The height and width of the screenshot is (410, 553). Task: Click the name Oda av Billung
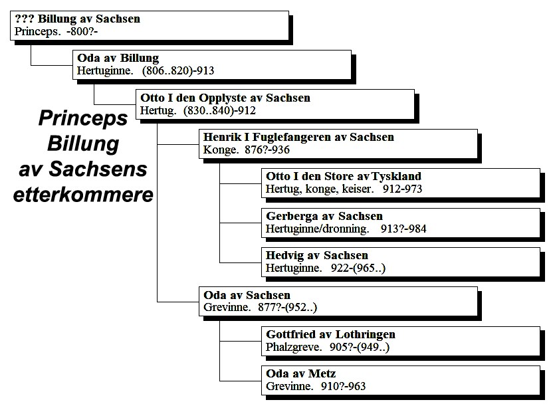pyautogui.click(x=118, y=58)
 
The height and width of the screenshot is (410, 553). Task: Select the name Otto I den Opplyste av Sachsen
pyautogui.click(x=225, y=98)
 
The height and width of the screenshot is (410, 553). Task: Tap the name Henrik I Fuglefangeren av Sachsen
pyautogui.click(x=298, y=137)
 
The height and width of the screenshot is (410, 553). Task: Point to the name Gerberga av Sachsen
pyautogui.click(x=324, y=216)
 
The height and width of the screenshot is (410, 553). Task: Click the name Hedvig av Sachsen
pyautogui.click(x=316, y=256)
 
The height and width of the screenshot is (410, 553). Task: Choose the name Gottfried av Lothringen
pyautogui.click(x=330, y=334)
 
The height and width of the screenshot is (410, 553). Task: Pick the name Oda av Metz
pyautogui.click(x=301, y=373)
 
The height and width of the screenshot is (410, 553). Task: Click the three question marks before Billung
pyautogui.click(x=25, y=19)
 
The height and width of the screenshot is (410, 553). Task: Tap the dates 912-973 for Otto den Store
pyautogui.click(x=402, y=189)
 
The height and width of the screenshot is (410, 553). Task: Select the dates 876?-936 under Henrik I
pyautogui.click(x=267, y=150)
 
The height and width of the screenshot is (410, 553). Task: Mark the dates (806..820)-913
pyautogui.click(x=178, y=71)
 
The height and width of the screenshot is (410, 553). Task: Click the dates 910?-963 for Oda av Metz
pyautogui.click(x=343, y=386)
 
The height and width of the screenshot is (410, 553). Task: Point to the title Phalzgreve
pyautogui.click(x=294, y=348)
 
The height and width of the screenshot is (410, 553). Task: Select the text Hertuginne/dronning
pyautogui.click(x=318, y=229)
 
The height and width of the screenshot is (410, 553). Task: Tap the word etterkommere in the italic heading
pyautogui.click(x=83, y=194)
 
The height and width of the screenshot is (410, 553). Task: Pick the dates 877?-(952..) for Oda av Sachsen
pyautogui.click(x=287, y=308)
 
